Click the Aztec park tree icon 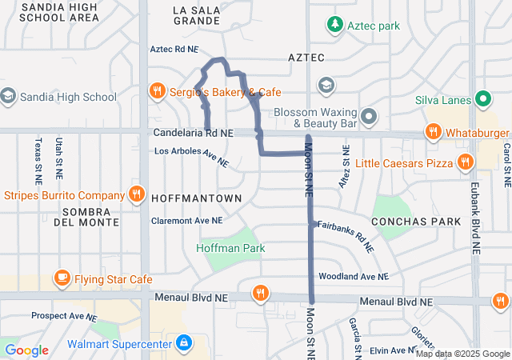[335, 26]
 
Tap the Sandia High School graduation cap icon [8, 97]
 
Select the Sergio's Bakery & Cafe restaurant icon [158, 91]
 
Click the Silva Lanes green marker [482, 100]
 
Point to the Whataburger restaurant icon [433, 131]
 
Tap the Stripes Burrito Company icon [137, 194]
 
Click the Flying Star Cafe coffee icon [62, 278]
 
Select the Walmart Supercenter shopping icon [185, 343]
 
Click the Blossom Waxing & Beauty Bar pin [369, 118]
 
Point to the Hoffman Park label [230, 249]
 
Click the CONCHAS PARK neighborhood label [416, 221]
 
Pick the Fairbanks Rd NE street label [346, 237]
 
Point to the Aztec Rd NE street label [174, 50]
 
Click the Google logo [26, 350]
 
